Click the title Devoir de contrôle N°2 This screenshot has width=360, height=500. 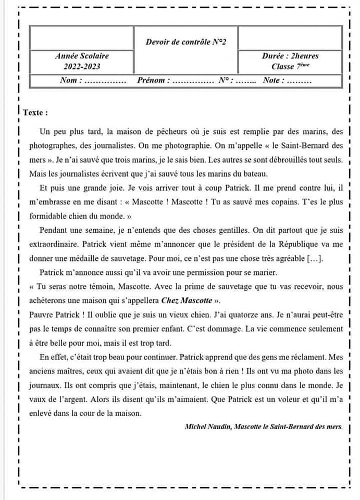click(185, 42)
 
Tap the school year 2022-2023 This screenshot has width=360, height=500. click(82, 67)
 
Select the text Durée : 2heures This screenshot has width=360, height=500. click(290, 56)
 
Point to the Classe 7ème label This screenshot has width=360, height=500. click(290, 67)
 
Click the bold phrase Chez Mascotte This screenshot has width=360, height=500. click(187, 301)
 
